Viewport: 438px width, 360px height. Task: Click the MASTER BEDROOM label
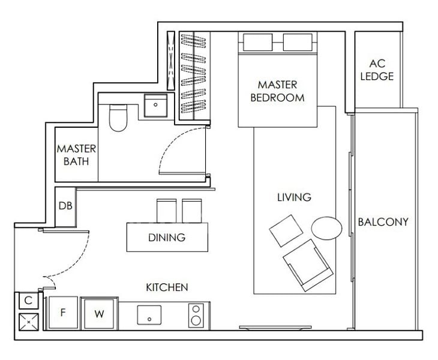click(x=277, y=91)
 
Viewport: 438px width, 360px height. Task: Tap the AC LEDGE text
click(x=381, y=70)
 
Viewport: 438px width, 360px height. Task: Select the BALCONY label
click(x=383, y=222)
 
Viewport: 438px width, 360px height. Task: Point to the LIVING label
click(x=294, y=197)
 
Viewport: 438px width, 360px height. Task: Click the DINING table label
click(x=166, y=238)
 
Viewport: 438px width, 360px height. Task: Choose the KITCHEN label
click(x=167, y=287)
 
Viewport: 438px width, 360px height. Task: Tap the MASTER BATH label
click(x=73, y=154)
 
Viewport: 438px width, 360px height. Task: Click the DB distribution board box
click(x=65, y=206)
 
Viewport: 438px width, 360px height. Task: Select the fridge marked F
click(x=62, y=313)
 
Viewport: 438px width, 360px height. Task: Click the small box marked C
click(x=28, y=300)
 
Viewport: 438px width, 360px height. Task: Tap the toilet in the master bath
click(x=117, y=118)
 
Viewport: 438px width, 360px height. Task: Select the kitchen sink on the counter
click(x=149, y=314)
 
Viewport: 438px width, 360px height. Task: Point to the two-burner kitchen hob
click(x=196, y=314)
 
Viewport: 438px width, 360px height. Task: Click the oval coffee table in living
click(x=326, y=227)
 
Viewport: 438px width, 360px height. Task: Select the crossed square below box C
click(x=28, y=321)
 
